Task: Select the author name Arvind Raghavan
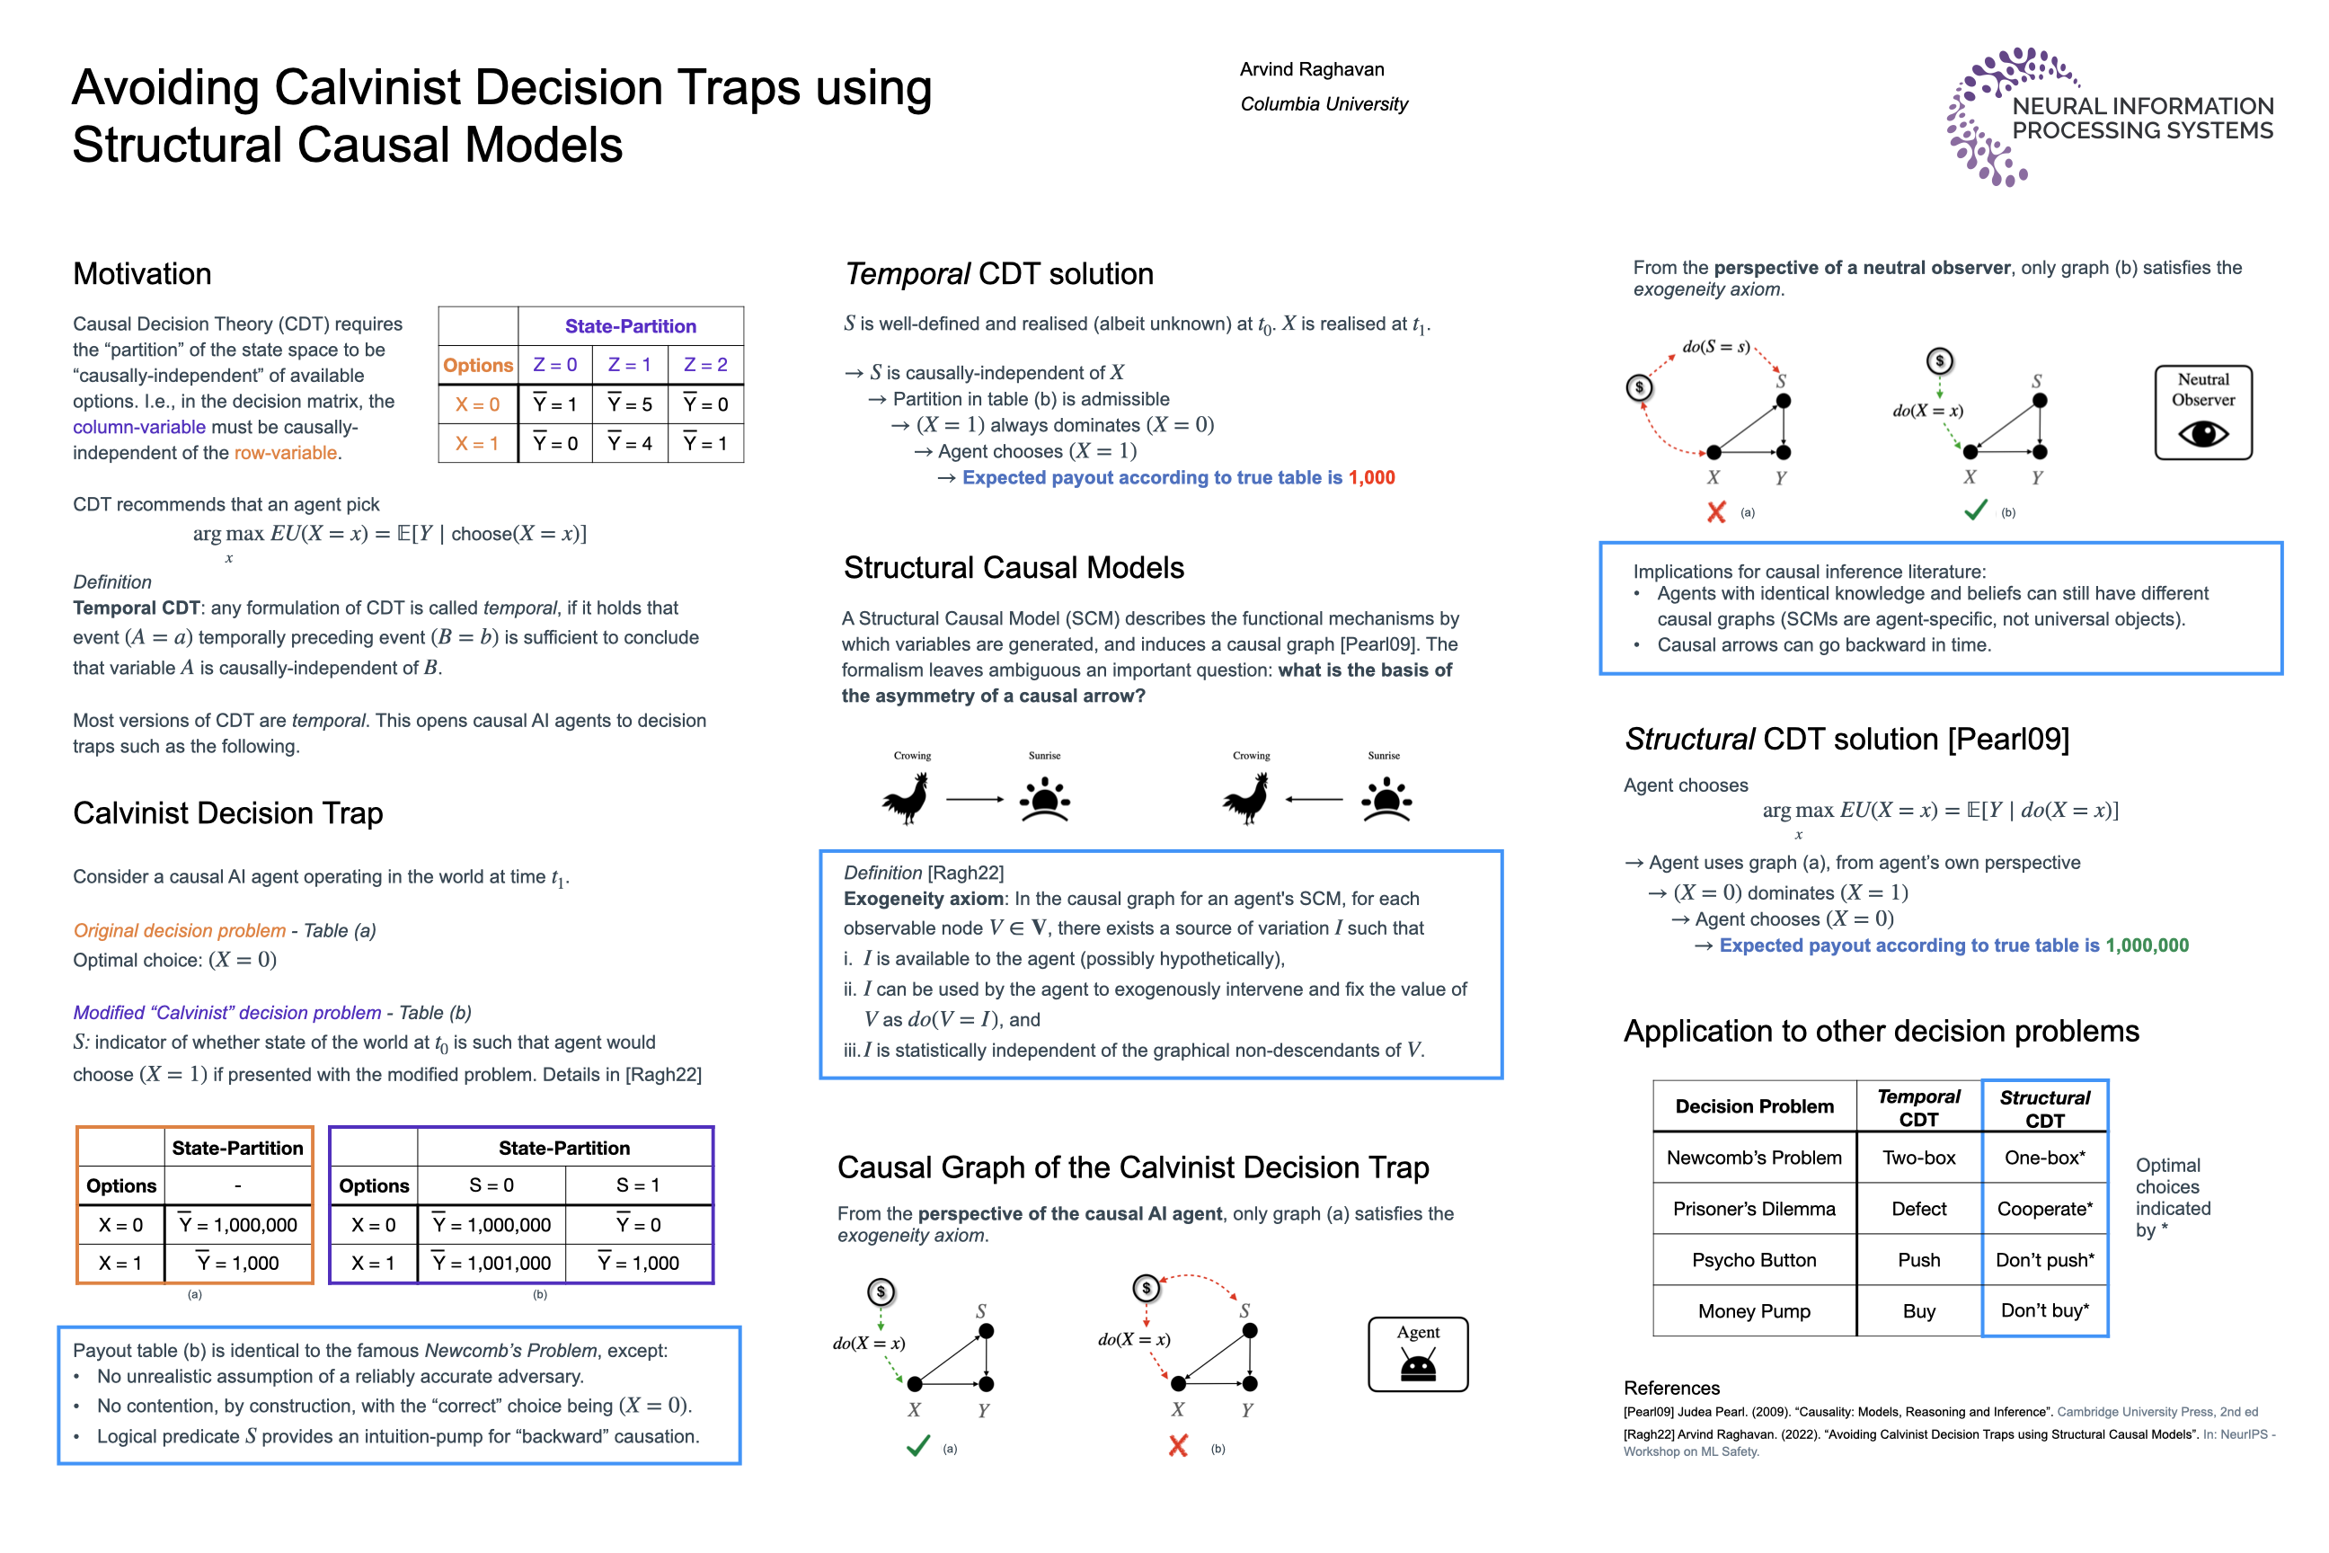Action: (1311, 69)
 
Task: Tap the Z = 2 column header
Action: (705, 365)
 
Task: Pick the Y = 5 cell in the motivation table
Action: (630, 404)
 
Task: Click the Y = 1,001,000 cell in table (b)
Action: (491, 1263)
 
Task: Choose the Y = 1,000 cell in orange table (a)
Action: (237, 1263)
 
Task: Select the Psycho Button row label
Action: (1754, 1260)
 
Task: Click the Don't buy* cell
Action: (2044, 1310)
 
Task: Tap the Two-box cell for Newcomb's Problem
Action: (1918, 1158)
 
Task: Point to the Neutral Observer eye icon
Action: (2202, 434)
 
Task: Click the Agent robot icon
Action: (1418, 1367)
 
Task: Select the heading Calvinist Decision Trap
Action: (227, 813)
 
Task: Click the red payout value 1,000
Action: (1371, 477)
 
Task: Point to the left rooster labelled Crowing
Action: (906, 798)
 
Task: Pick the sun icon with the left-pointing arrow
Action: (1386, 799)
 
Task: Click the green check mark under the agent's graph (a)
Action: (918, 1446)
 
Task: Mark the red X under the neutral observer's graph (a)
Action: (1716, 511)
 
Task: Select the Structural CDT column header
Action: (2044, 1108)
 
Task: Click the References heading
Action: (1671, 1388)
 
